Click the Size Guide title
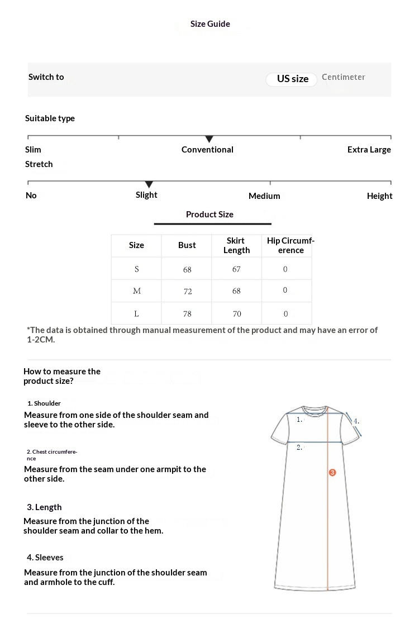[210, 24]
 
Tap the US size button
[293, 79]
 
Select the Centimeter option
[343, 77]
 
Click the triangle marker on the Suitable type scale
[209, 139]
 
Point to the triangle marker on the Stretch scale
[149, 184]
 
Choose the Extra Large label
[369, 150]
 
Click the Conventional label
[207, 150]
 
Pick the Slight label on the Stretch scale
[146, 195]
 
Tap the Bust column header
[187, 245]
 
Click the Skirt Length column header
[236, 245]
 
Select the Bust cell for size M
[188, 291]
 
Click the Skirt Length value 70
[237, 313]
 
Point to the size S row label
[136, 269]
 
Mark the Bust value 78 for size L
[187, 313]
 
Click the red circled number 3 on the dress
[332, 473]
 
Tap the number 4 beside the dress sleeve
[356, 421]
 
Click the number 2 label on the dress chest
[299, 447]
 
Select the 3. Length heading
[44, 507]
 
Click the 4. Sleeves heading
[45, 558]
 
